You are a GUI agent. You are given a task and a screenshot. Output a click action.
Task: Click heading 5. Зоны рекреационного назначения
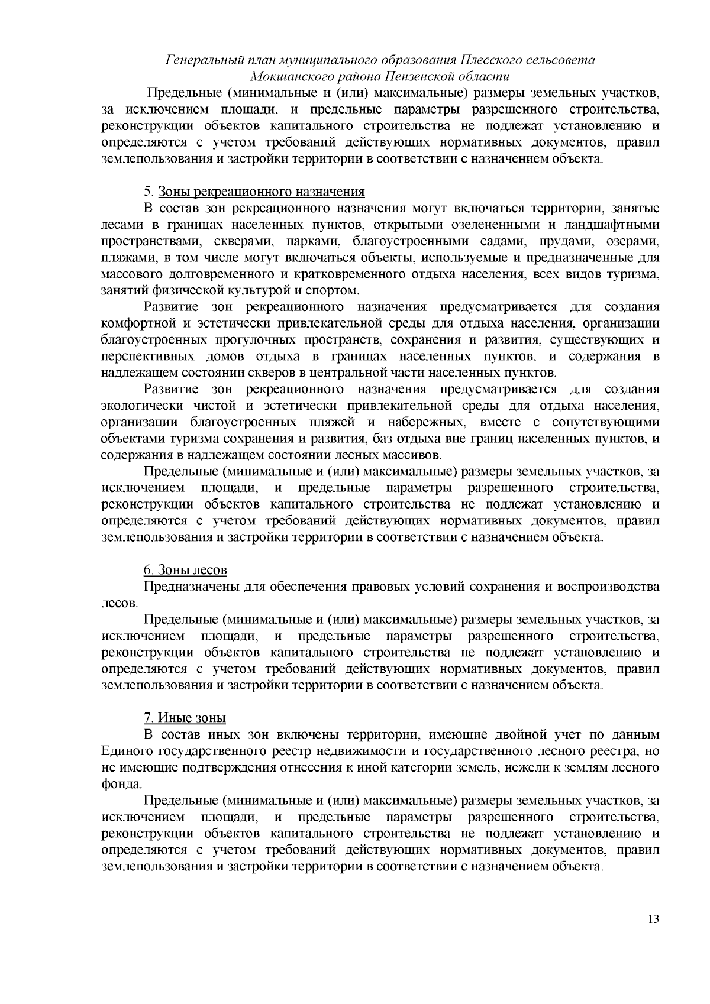(254, 192)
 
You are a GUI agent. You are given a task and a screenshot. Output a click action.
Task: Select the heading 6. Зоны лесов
(185, 570)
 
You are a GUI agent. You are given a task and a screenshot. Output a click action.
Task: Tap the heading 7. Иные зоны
(185, 718)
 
